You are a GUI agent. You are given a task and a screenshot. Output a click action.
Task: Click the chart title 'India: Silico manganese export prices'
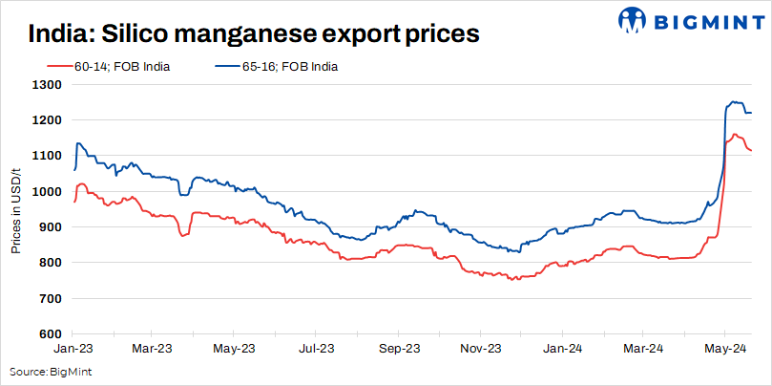[254, 35]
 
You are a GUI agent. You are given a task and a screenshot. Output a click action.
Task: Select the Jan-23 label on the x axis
[73, 349]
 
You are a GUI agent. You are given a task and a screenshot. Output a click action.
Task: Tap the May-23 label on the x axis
[233, 349]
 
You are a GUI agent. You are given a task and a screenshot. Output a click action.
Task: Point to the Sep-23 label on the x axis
[399, 349]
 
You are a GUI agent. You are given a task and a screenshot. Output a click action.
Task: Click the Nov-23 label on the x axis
[481, 349]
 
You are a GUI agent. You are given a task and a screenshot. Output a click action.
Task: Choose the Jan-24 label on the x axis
[562, 349]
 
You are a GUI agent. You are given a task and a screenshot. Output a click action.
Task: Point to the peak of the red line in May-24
[735, 135]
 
